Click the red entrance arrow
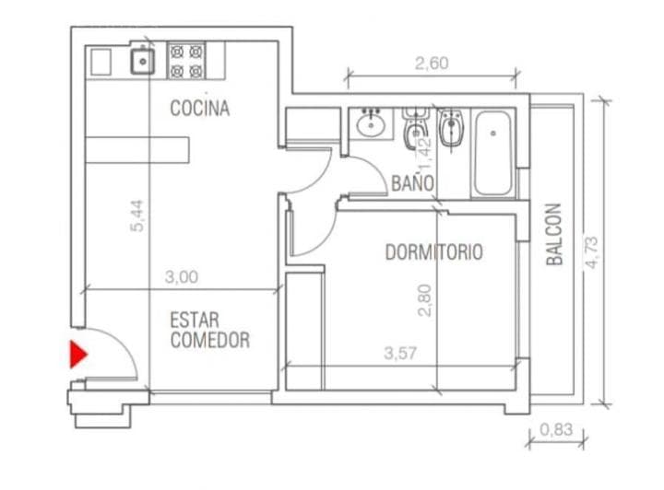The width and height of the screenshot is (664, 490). click(77, 355)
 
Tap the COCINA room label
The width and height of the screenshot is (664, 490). click(200, 109)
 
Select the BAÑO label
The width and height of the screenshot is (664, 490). click(412, 183)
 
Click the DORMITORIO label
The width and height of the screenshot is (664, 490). click(433, 252)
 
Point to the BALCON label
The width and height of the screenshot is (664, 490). click(554, 235)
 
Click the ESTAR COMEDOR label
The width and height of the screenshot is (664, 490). click(209, 331)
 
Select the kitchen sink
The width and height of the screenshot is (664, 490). click(142, 62)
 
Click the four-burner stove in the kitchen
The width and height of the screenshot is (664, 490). click(186, 61)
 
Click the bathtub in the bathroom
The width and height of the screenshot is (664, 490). click(496, 152)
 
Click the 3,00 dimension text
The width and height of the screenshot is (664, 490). click(182, 275)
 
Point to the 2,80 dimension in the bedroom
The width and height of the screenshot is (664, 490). click(424, 299)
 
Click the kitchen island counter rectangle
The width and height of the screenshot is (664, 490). click(138, 149)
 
